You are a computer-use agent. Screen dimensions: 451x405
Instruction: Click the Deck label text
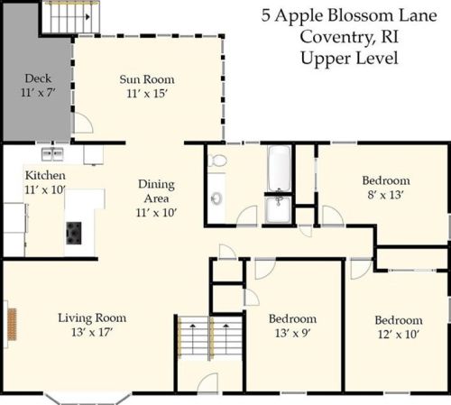pos(38,78)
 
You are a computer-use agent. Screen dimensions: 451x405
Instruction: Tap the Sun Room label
pos(147,79)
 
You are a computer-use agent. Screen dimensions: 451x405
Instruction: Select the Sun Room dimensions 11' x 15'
pos(147,94)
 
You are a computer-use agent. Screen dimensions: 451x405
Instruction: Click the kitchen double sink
pos(52,154)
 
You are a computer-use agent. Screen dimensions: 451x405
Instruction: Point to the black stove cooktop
pos(74,233)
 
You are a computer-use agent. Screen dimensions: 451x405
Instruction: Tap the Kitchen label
pos(45,175)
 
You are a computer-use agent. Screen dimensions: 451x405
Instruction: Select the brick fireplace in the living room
pos(12,324)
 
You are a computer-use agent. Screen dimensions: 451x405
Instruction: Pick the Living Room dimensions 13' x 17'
pos(92,332)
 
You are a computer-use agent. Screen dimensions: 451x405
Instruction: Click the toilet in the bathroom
pos(217,161)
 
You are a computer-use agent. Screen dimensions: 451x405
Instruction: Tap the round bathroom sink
pos(216,198)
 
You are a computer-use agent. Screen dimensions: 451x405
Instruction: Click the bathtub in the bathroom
pos(280,169)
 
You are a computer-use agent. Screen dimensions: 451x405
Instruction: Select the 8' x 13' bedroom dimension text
pos(385,195)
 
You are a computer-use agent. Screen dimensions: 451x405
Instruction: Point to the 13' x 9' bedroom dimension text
pos(292,333)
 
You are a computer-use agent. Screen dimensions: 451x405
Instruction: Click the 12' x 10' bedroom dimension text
pos(399,334)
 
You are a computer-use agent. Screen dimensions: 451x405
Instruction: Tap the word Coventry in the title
pos(337,37)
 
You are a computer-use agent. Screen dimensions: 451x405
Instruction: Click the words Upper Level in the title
pos(349,58)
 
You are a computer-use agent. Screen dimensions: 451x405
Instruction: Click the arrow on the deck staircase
pos(87,17)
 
